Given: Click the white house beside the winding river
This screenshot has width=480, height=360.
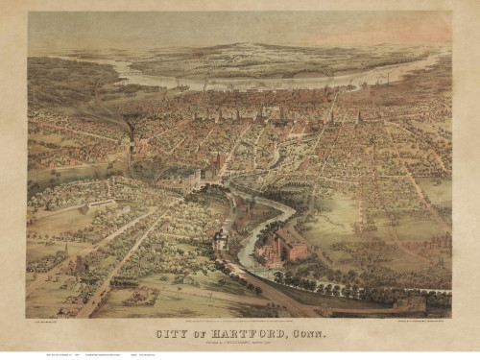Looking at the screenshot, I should coord(222,239).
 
